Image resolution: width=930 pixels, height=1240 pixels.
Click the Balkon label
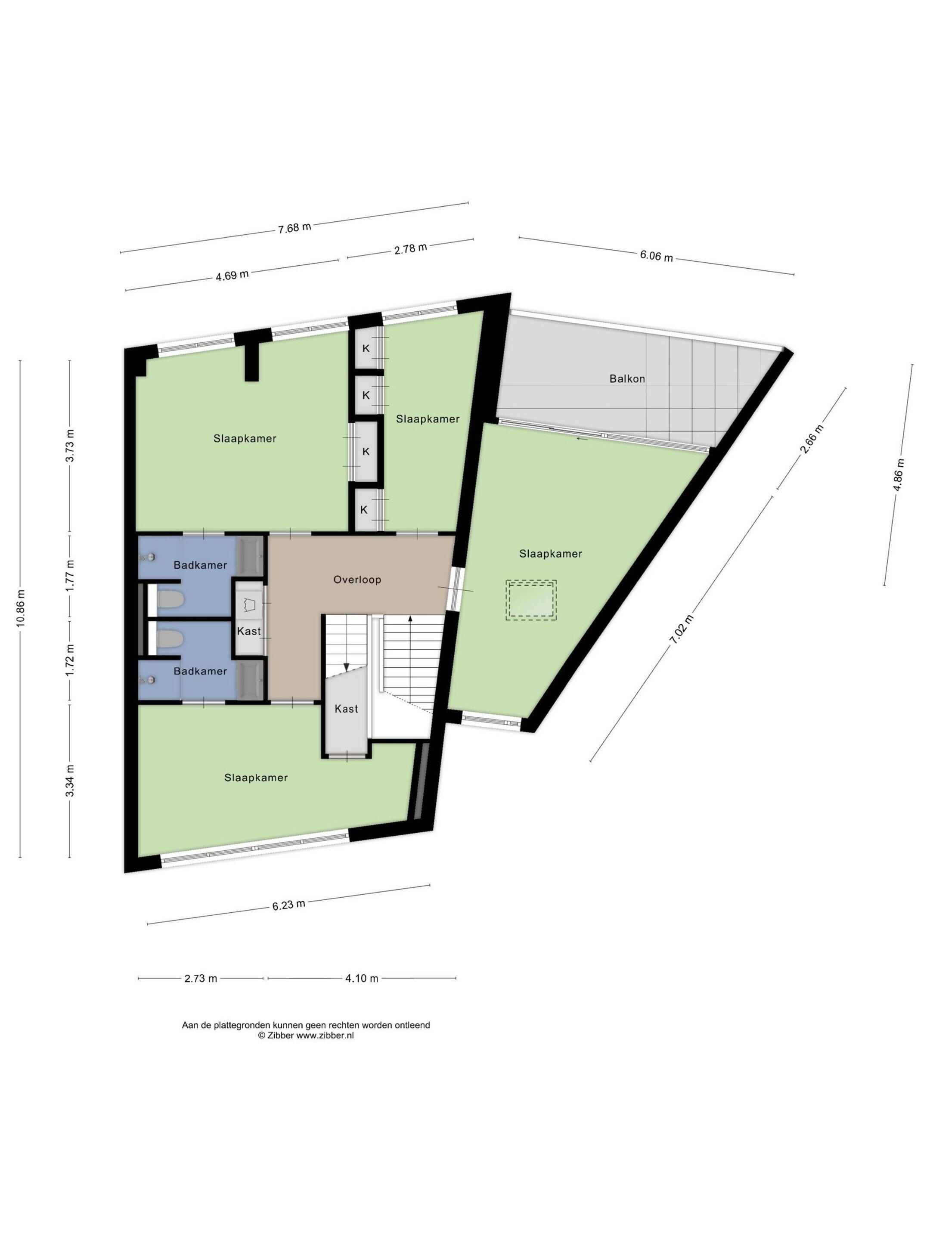tap(627, 378)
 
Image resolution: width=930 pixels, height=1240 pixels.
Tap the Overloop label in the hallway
tap(357, 579)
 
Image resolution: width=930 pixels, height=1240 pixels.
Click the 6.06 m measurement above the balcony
tap(657, 256)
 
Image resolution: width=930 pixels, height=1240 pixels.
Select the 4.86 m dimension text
tap(899, 475)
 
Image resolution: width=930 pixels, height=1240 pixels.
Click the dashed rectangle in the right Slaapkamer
tap(531, 600)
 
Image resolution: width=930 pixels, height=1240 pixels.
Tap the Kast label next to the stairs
tap(346, 709)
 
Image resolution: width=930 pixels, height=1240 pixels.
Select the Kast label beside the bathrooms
tap(248, 631)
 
